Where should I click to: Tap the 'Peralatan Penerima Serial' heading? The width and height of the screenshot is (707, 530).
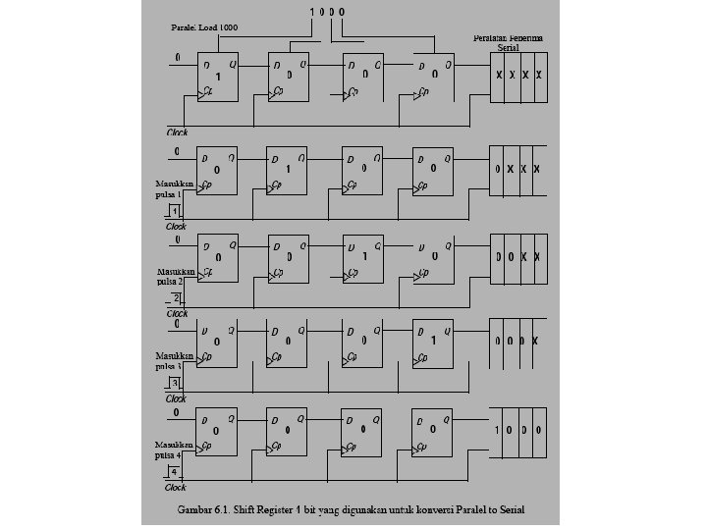(x=508, y=41)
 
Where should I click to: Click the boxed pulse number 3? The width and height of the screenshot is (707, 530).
(x=175, y=383)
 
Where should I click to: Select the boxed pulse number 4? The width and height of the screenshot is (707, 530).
(x=175, y=472)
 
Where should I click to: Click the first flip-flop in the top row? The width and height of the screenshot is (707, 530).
(x=217, y=76)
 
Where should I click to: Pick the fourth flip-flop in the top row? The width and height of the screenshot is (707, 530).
(x=432, y=76)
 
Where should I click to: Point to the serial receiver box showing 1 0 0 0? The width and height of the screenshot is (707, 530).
(x=519, y=430)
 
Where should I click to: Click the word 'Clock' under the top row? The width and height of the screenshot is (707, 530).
(x=177, y=132)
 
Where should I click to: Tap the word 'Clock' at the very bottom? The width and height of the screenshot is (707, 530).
(x=176, y=488)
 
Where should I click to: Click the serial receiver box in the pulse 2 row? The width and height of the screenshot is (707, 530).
(x=519, y=257)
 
